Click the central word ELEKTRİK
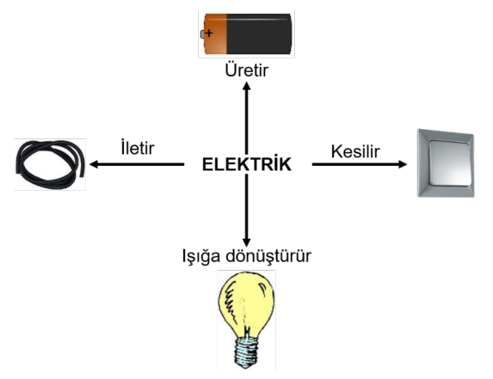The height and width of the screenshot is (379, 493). (247, 163)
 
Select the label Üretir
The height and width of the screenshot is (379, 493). (247, 70)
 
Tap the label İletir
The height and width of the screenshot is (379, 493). (138, 148)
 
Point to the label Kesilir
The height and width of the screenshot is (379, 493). (355, 151)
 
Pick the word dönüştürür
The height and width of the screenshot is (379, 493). (268, 255)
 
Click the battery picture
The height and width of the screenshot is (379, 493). (247, 34)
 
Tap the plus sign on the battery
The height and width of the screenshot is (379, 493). (209, 33)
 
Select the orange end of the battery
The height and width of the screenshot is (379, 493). (215, 34)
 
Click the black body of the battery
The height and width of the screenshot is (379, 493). (259, 34)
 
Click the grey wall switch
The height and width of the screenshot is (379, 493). (446, 163)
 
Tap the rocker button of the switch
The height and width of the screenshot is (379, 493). (449, 163)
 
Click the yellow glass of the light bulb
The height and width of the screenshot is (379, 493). (246, 304)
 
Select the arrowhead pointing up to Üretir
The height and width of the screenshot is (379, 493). (247, 86)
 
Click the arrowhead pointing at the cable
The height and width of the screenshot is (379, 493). (95, 164)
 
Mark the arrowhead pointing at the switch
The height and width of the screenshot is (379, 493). (403, 164)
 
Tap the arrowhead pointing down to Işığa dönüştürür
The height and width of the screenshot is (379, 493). (247, 241)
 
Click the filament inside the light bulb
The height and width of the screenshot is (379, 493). (244, 314)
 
